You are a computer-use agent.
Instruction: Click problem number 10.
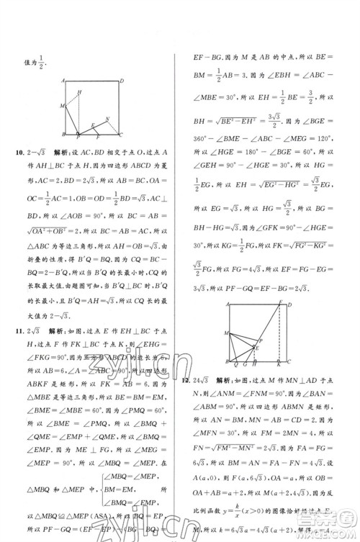point(27,154)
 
